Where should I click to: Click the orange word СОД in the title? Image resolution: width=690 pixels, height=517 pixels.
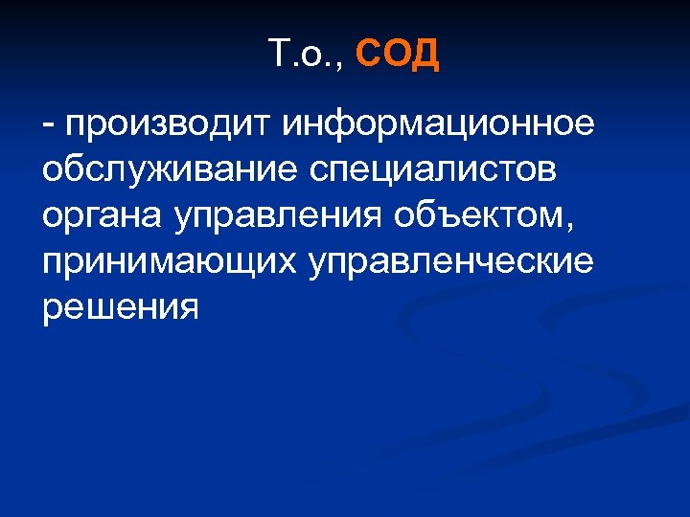point(398,56)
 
